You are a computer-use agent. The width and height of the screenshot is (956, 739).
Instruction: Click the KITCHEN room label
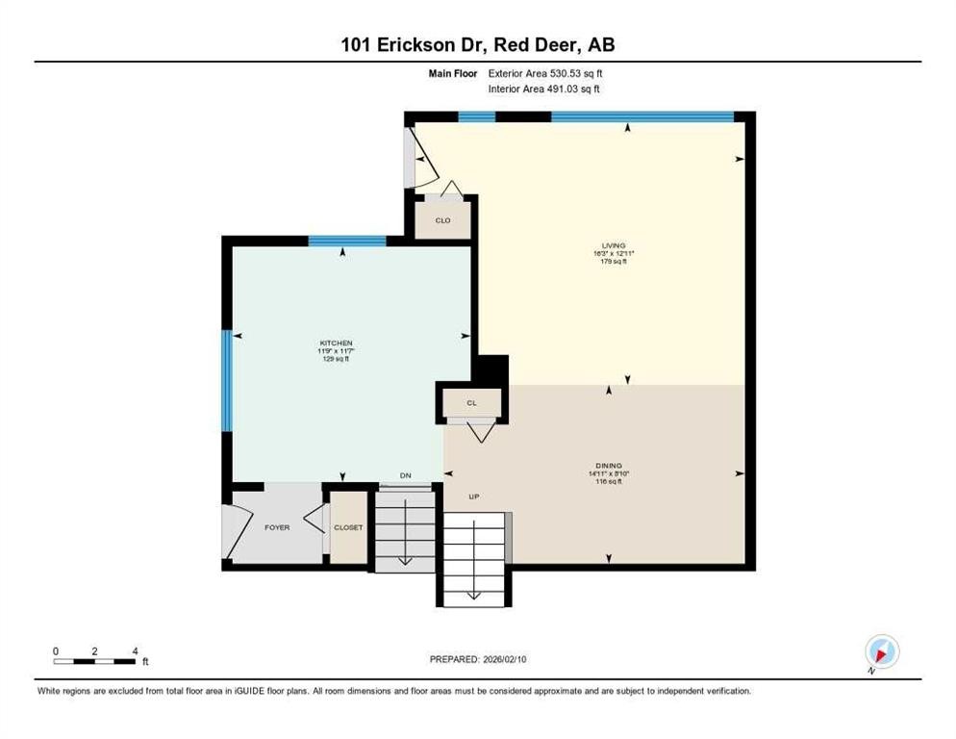[x=337, y=344]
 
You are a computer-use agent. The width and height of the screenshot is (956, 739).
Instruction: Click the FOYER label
[x=277, y=527]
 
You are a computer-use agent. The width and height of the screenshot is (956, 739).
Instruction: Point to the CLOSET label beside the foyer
[x=348, y=527]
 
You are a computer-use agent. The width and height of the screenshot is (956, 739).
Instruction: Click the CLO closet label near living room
[x=442, y=220]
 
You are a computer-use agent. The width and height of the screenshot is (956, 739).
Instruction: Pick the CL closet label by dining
[x=471, y=403]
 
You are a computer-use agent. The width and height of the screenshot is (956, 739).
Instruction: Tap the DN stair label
[x=406, y=475]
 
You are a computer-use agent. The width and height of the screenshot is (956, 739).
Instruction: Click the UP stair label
[x=473, y=497]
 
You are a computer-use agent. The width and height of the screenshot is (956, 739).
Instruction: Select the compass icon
[x=881, y=651]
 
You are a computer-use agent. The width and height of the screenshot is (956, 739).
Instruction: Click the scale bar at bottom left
[x=94, y=661]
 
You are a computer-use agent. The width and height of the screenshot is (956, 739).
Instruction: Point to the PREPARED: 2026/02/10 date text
[x=478, y=659]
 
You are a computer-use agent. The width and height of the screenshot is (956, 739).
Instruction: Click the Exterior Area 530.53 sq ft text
[x=545, y=73]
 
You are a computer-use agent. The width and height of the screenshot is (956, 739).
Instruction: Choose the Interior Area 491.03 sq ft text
[x=544, y=89]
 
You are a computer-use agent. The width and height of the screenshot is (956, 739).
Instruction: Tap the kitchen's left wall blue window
[x=228, y=381]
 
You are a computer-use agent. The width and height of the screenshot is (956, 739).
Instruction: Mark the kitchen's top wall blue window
[x=346, y=241]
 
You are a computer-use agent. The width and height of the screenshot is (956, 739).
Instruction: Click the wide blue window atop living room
[x=642, y=117]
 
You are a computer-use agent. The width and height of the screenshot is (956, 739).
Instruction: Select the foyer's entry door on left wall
[x=229, y=530]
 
